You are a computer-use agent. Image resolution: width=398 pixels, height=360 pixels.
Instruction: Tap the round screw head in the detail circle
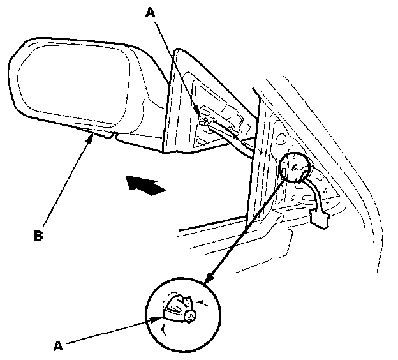point(191,315)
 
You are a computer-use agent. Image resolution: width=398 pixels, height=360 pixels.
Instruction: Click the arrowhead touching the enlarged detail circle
point(207,281)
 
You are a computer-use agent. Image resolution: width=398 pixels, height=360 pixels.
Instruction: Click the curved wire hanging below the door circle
point(313,191)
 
